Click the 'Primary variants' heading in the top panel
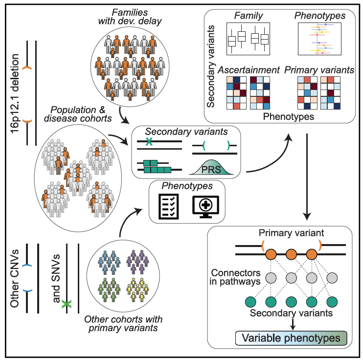pyautogui.click(x=319, y=70)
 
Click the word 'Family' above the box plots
pyautogui.click(x=248, y=16)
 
